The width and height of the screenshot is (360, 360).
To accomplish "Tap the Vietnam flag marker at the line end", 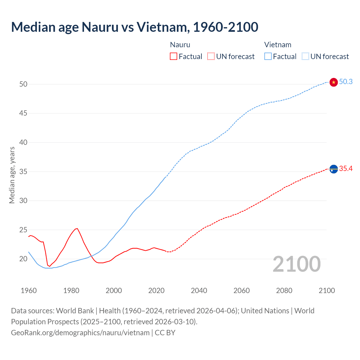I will coord(334,82).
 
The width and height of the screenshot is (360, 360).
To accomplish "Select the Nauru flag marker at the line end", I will coord(334,169).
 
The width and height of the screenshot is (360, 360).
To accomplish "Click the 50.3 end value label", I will coord(346,82).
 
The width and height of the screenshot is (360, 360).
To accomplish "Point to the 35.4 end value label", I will coord(346,168).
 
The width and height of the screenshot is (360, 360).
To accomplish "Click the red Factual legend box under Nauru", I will coord(174,56).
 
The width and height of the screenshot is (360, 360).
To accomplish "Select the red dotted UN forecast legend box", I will coord(211,56).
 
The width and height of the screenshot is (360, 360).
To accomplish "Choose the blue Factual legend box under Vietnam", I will coord(268,56).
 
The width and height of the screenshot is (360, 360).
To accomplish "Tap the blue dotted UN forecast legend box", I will coord(305,56).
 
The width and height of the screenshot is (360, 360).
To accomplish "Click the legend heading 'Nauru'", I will coord(180,45).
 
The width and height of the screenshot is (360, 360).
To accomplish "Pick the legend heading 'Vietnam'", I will coord(278,45).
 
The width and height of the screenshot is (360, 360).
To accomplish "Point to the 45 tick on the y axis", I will coord(23,113).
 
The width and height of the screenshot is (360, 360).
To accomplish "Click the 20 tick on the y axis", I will coord(23,259).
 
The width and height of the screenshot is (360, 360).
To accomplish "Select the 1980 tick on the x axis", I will coord(71,291).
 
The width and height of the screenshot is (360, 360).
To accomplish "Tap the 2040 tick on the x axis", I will coord(199,291).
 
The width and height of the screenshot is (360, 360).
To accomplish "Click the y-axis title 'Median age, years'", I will coord(12,175).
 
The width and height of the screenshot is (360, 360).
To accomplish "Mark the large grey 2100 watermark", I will coord(296,264).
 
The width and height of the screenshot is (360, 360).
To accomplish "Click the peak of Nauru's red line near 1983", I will coord(77,228).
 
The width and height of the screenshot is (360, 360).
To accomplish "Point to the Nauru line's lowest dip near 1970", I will coord(50,266).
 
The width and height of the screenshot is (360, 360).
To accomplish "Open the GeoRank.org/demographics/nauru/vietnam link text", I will coord(80,333).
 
